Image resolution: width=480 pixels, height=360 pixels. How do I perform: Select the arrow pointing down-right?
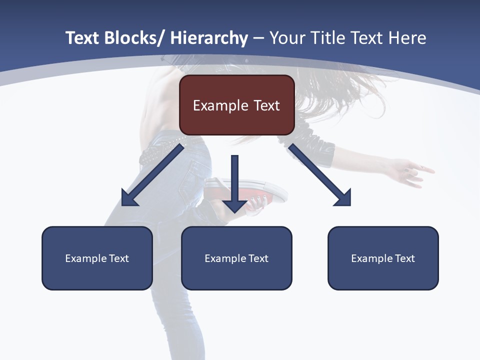(x=320, y=175)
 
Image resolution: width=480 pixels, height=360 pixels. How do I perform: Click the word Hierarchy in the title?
(x=209, y=38)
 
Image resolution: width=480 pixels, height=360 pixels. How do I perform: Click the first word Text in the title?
(x=82, y=38)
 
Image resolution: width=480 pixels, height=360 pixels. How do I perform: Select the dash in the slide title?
(x=258, y=38)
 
